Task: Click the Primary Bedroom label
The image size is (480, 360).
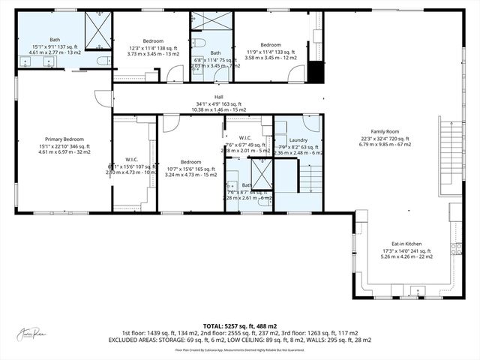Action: point(63,139)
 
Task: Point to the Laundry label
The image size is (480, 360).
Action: point(298,140)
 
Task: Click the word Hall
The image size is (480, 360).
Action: point(219,97)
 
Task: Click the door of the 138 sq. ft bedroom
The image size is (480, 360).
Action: point(175,73)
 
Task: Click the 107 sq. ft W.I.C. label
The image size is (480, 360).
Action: point(131,160)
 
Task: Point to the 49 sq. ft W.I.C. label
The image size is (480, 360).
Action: point(245,138)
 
